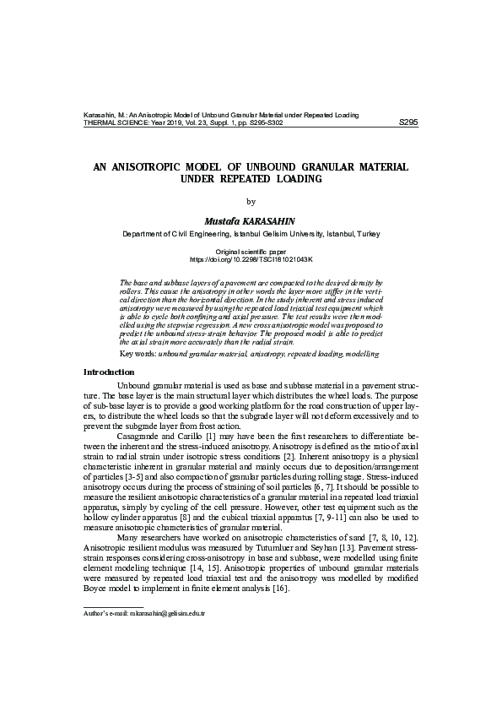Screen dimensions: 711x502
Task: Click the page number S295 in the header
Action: tap(408, 122)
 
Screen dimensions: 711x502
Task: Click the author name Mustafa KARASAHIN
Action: tap(251, 220)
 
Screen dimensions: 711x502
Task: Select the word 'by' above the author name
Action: tap(251, 201)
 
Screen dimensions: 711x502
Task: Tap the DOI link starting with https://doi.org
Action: tap(251, 260)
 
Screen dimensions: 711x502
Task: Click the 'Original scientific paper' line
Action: tap(251, 252)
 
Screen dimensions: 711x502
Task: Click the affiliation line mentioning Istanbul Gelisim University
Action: tap(251, 233)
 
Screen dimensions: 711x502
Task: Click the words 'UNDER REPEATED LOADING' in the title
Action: tap(251, 180)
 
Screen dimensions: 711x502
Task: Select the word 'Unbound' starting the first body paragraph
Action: tap(133, 384)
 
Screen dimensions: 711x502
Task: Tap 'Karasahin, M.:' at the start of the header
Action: tap(109, 114)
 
